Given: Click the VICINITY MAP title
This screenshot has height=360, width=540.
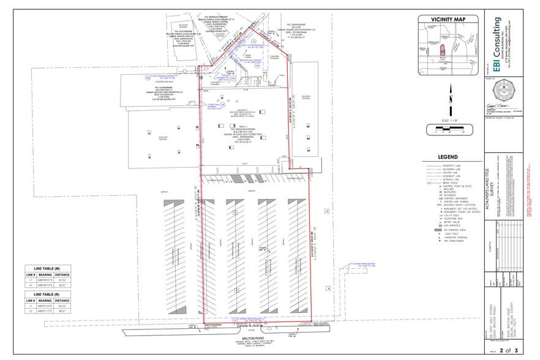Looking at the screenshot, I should [x=448, y=20].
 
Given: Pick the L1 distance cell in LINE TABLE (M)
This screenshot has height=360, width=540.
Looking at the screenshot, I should [x=61, y=281].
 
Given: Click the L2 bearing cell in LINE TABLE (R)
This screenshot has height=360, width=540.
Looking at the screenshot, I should [x=45, y=312].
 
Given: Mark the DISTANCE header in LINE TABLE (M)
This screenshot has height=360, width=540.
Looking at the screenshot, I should [x=61, y=275].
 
